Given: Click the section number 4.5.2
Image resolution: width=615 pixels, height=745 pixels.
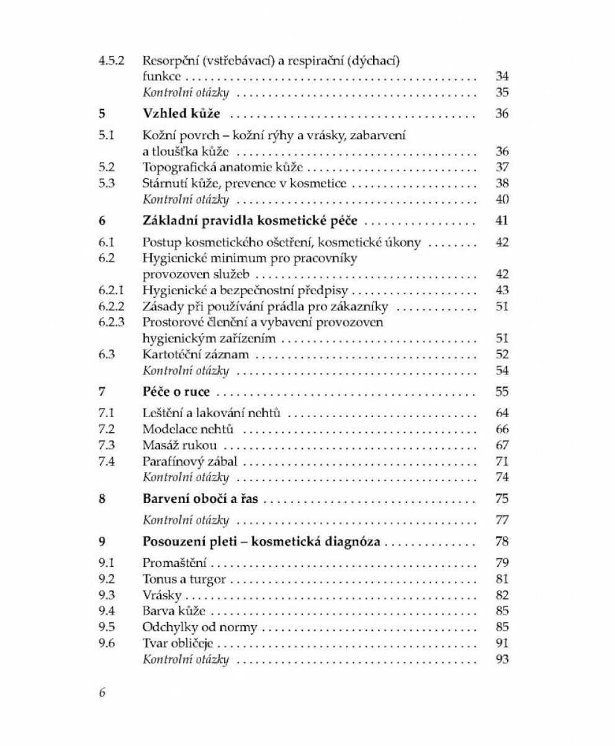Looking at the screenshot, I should [x=112, y=61].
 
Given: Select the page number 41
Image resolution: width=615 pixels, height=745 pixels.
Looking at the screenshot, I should [x=502, y=220].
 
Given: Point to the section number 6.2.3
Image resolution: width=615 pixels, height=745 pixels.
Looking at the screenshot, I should [x=112, y=322].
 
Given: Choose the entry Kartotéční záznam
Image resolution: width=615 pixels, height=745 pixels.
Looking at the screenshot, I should [x=195, y=354].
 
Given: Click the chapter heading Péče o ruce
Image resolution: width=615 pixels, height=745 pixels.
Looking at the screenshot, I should [x=176, y=392].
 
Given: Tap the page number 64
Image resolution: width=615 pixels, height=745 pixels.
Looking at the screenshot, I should [x=502, y=413].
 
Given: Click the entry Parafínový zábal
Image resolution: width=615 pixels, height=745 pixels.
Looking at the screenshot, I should [x=190, y=461].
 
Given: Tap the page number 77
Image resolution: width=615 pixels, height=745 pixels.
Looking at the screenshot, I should [x=502, y=520].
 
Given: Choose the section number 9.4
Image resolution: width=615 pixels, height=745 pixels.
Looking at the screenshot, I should [x=107, y=611].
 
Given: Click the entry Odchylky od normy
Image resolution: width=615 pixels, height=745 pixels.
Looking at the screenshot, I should [x=199, y=627].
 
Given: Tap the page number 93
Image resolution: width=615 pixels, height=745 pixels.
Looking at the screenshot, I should [x=502, y=659].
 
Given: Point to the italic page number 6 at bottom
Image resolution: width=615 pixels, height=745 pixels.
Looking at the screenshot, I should [x=102, y=693].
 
